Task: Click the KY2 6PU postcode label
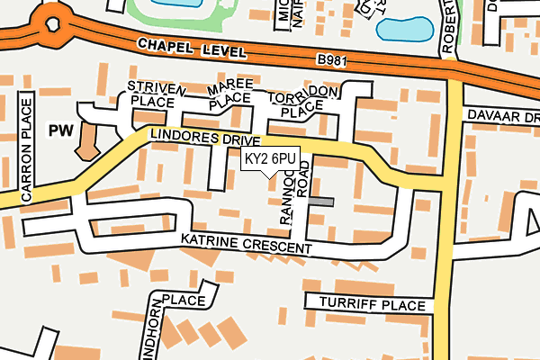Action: pos(270,159)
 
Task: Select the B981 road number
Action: pos(332,61)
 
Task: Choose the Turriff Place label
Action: pos(364,305)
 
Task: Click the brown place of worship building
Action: pos(88,141)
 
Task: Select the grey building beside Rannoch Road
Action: pos(319,202)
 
